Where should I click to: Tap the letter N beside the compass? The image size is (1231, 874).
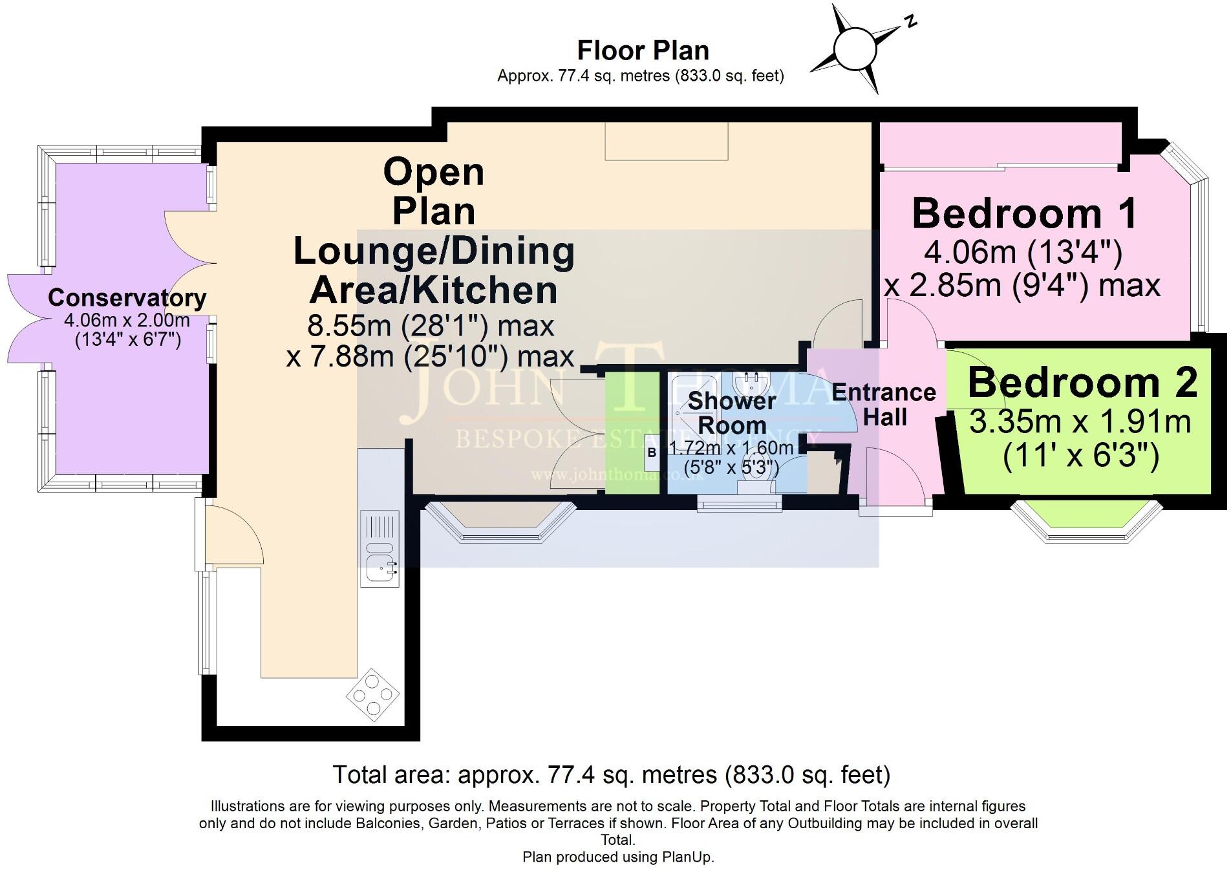(x=910, y=22)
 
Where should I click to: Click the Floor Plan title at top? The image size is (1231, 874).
(x=643, y=50)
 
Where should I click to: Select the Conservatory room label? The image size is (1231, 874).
(x=127, y=298)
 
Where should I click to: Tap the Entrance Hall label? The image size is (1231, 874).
(x=884, y=405)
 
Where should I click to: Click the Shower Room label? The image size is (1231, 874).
(x=732, y=413)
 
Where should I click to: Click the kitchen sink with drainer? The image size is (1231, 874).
(x=381, y=548)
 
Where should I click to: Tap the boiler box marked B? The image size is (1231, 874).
(x=652, y=453)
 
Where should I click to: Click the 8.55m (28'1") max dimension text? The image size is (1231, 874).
(x=431, y=326)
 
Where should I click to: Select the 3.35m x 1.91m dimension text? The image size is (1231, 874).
(x=1080, y=423)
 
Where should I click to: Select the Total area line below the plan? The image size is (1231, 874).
(x=611, y=774)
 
